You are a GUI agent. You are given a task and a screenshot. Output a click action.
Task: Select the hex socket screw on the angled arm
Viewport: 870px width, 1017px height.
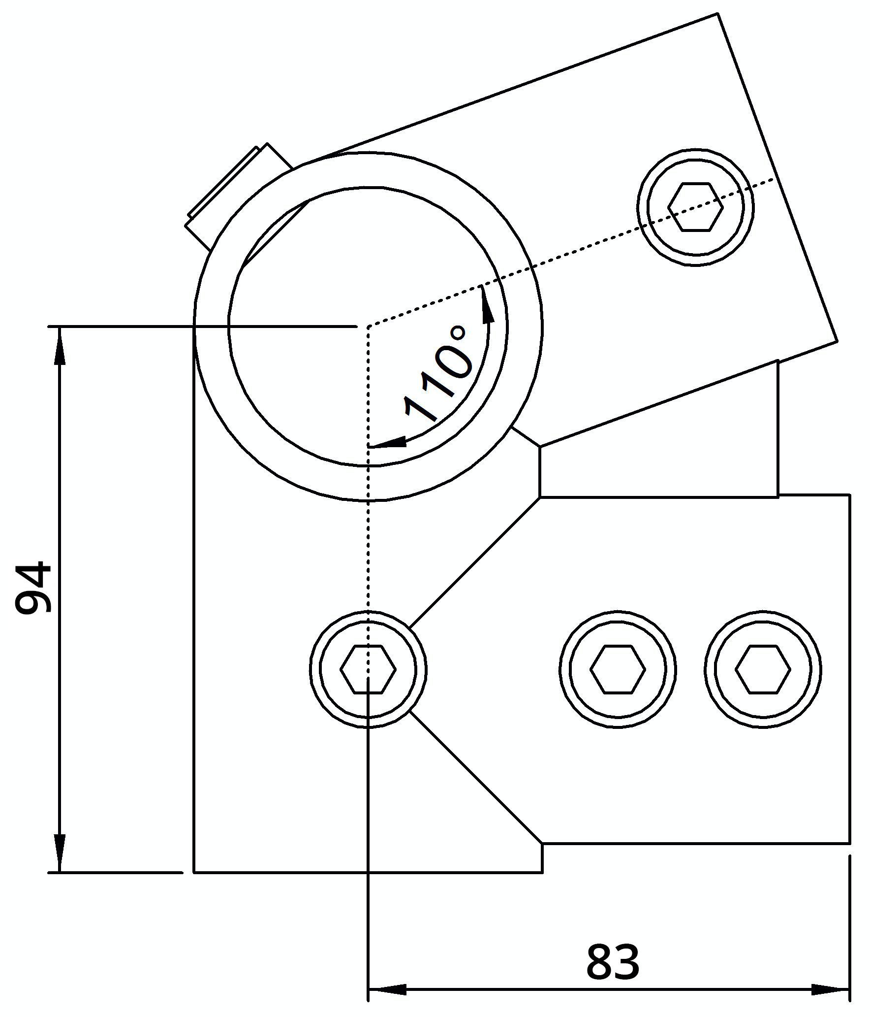[x=695, y=207]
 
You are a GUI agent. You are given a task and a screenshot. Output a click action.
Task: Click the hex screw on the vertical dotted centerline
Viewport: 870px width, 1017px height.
[x=368, y=669]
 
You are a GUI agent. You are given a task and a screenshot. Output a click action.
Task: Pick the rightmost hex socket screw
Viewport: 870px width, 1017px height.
[x=763, y=669]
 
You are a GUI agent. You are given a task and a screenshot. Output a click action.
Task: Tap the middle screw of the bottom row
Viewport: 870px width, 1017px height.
[x=618, y=669]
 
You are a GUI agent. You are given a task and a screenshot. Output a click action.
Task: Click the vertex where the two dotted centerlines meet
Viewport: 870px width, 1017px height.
[x=368, y=327]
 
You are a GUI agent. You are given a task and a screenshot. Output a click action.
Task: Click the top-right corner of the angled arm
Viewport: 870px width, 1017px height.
[x=718, y=14]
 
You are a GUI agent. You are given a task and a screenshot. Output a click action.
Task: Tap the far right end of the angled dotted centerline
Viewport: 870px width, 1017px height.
[x=774, y=179]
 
